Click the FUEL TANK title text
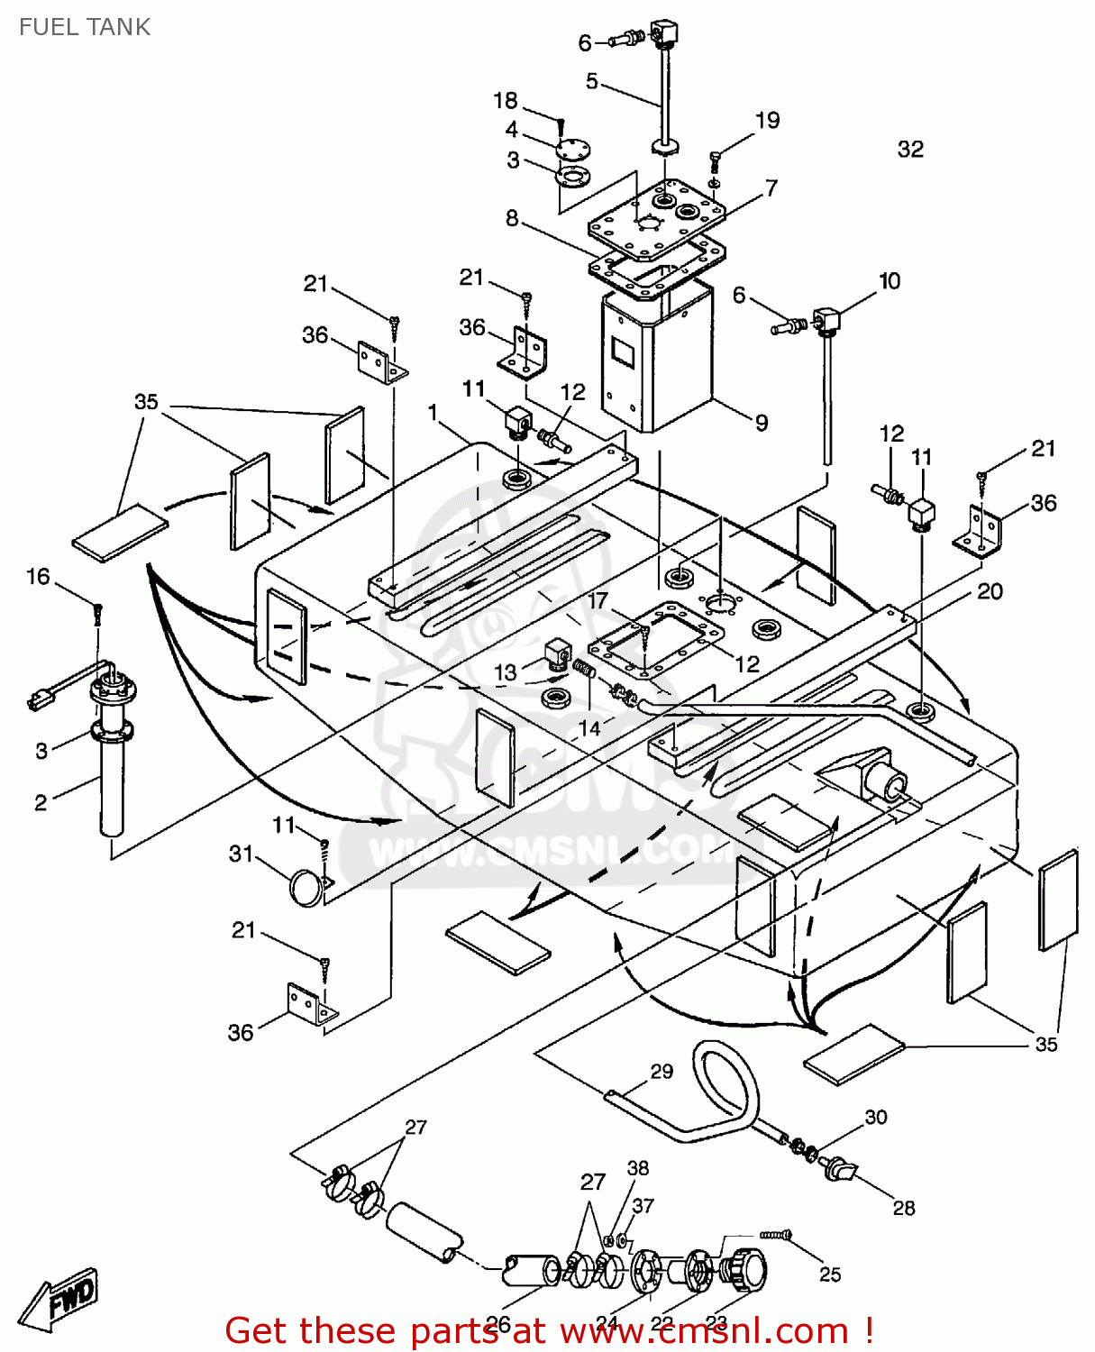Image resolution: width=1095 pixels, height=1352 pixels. tap(85, 27)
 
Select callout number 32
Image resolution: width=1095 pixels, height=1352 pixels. tap(910, 149)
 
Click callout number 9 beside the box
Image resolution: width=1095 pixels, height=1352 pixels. tap(762, 422)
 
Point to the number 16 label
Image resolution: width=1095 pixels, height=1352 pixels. tap(38, 577)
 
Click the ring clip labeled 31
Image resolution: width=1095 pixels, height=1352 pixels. tap(306, 888)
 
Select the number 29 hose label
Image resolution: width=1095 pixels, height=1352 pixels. tap(662, 1071)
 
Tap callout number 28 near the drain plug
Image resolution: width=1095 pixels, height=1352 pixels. tap(903, 1208)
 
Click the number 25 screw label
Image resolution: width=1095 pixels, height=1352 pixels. tap(829, 1274)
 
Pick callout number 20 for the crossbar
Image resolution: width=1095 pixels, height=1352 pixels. tap(990, 591)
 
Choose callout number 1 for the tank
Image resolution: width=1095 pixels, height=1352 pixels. tap(433, 412)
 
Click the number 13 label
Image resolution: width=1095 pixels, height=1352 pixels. tap(506, 672)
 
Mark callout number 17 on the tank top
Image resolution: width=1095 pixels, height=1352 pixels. tap(598, 601)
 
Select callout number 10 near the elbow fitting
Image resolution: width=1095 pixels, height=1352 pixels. tap(890, 281)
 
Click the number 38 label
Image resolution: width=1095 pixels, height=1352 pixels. tap(637, 1168)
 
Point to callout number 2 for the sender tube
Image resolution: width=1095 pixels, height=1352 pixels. tap(41, 802)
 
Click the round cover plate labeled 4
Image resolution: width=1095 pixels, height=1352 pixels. tap(570, 149)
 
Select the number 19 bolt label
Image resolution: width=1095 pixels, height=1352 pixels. tap(767, 121)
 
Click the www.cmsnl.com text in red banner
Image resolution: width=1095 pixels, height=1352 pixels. tap(704, 1331)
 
